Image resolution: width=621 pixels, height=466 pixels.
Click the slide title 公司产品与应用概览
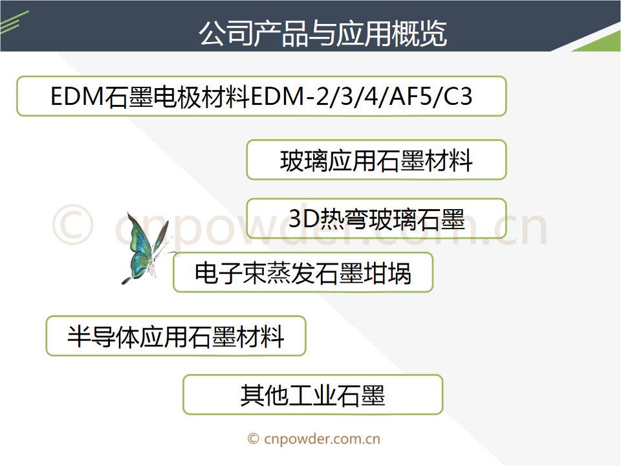[x=323, y=33]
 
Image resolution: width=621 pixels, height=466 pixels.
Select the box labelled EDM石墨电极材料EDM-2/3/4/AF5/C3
[x=261, y=96]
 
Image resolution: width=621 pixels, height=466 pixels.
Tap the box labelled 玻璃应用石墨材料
[x=376, y=160]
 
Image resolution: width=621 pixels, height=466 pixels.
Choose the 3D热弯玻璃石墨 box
[x=376, y=218]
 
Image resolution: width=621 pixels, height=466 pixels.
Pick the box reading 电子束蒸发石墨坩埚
[x=303, y=272]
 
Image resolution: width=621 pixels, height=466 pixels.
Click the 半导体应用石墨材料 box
[x=176, y=336]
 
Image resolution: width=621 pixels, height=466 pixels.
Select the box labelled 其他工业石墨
[x=312, y=395]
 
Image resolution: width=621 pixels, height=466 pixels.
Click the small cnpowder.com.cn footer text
[x=322, y=439]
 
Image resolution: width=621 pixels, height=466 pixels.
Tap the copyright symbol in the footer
[x=254, y=439]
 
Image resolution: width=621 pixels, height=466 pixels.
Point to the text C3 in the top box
[x=458, y=96]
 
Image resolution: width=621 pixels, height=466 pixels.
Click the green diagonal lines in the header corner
[x=14, y=23]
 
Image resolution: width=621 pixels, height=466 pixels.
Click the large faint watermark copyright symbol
[x=73, y=225]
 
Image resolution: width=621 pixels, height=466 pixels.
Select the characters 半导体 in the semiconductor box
[x=103, y=337]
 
